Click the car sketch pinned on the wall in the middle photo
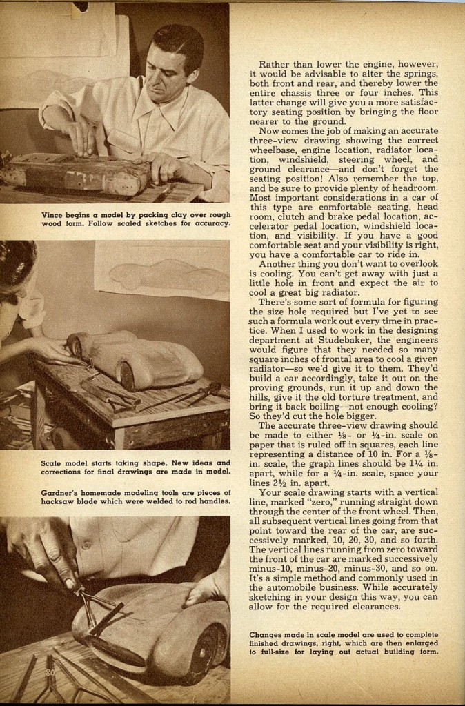[x=166, y=272]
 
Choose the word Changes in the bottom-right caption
[x=268, y=634]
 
